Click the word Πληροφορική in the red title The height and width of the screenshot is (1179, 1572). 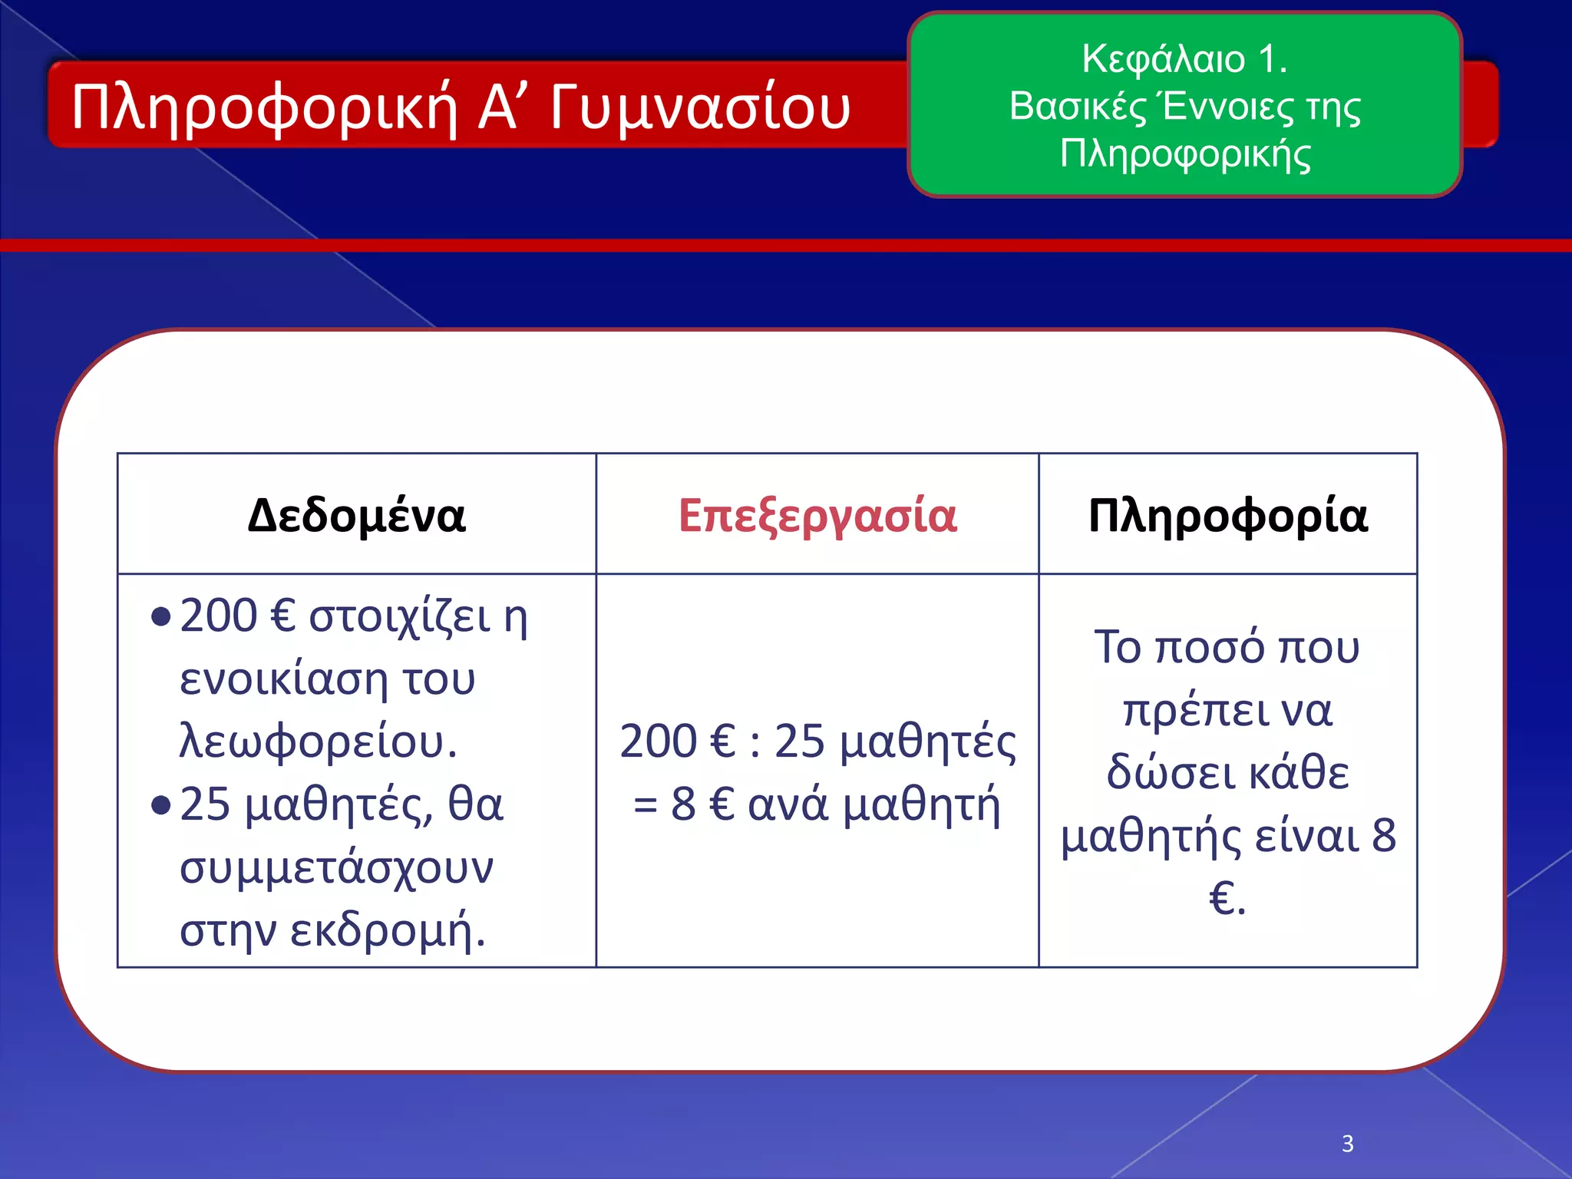pyautogui.click(x=264, y=107)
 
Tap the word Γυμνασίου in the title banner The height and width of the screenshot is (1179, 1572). pyautogui.click(x=700, y=107)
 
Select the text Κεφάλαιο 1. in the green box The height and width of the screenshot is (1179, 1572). pyautogui.click(x=1184, y=59)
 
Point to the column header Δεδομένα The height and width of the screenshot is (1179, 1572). pyautogui.click(x=356, y=515)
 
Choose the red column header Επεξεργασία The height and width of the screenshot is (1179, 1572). pyautogui.click(x=817, y=515)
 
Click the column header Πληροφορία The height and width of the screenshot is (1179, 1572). pyautogui.click(x=1227, y=515)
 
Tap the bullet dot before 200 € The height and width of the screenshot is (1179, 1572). pyautogui.click(x=160, y=617)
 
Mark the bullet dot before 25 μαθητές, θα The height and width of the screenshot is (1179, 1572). pyautogui.click(x=160, y=805)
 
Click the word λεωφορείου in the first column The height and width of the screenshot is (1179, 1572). pyautogui.click(x=311, y=742)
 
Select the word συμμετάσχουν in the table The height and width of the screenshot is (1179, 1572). pyautogui.click(x=336, y=868)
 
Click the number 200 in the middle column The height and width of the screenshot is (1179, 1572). pyautogui.click(x=657, y=741)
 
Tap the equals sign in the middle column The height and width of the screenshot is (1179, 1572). pyautogui.click(x=646, y=805)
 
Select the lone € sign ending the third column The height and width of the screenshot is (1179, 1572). pyautogui.click(x=1221, y=898)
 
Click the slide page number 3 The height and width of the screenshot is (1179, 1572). pyautogui.click(x=1348, y=1144)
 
